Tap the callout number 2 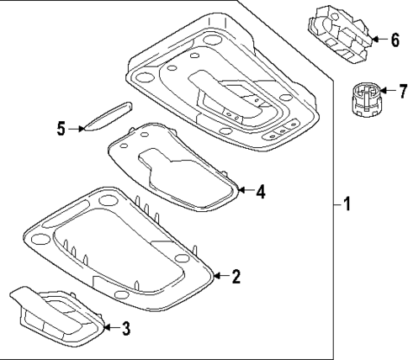pyautogui.click(x=236, y=275)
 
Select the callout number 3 pyautogui.click(x=126, y=328)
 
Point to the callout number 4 pyautogui.click(x=261, y=191)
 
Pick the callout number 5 pyautogui.click(x=61, y=129)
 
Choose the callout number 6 pyautogui.click(x=395, y=39)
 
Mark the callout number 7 pyautogui.click(x=402, y=88)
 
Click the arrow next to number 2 pyautogui.click(x=220, y=274)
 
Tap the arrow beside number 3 pyautogui.click(x=109, y=327)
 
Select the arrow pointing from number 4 pyautogui.click(x=245, y=191)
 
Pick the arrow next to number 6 pyautogui.click(x=378, y=39)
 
